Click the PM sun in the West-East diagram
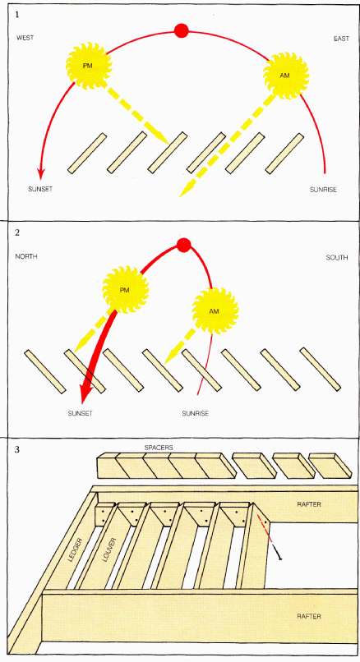coord(88,66)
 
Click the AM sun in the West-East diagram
coord(286,75)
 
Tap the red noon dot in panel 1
coord(182,30)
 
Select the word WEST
coord(25,38)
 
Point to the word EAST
coord(341,39)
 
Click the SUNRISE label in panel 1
coord(323,190)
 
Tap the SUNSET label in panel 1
coord(40,189)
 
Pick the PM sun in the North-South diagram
coord(126,290)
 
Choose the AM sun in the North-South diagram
coord(215,311)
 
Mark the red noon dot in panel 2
coord(184,245)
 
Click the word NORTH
coord(26,256)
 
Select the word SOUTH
coord(337,257)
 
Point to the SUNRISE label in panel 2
coord(196,413)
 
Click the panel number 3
coord(17,449)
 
